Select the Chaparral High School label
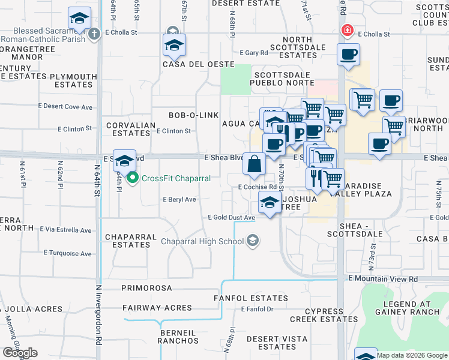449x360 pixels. coord(202,241)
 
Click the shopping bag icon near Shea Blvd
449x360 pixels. coord(255,164)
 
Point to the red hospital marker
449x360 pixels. coord(346,30)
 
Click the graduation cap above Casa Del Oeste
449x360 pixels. coord(174,45)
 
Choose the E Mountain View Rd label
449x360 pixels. coord(382,279)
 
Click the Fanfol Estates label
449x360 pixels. coord(251,298)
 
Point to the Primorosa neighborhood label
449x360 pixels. coord(147,288)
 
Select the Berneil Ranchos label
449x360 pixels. coord(178,336)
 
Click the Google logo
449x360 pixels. coord(20,353)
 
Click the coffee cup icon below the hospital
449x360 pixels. coord(348,55)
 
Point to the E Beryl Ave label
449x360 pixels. coord(179,199)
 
